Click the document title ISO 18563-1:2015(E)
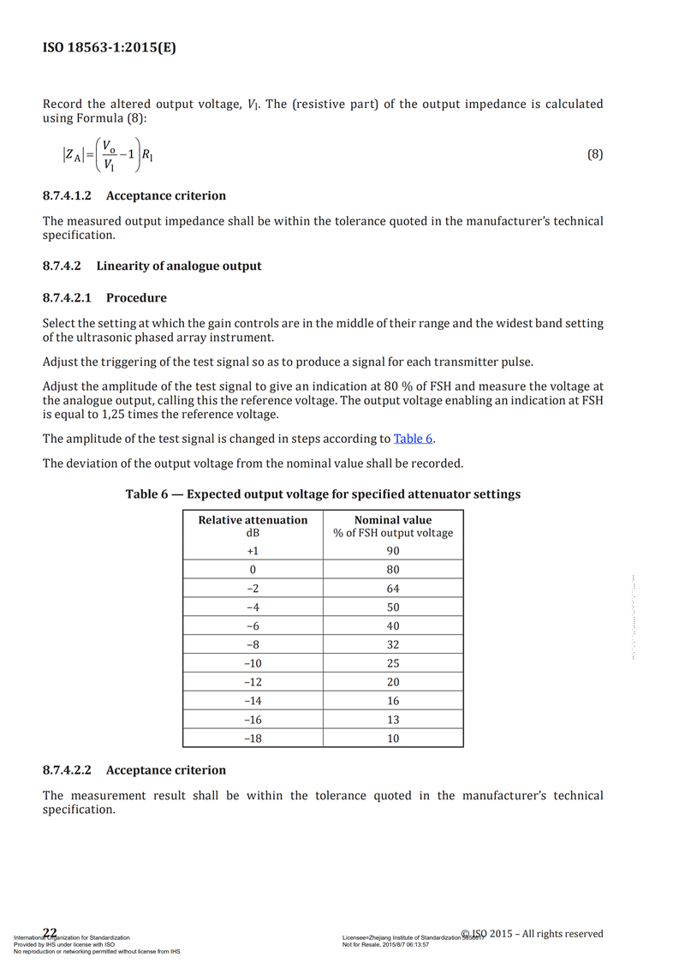pyautogui.click(x=110, y=48)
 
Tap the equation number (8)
pyautogui.click(x=595, y=154)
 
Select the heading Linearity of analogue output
pyautogui.click(x=179, y=266)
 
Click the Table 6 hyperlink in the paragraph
pyautogui.click(x=413, y=439)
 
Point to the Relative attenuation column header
pyautogui.click(x=253, y=520)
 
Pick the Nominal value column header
pyautogui.click(x=393, y=520)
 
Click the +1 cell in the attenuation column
pyautogui.click(x=253, y=551)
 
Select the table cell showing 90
pyautogui.click(x=393, y=551)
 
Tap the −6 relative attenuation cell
pyautogui.click(x=253, y=626)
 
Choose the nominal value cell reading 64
pyautogui.click(x=393, y=589)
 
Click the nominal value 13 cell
pyautogui.click(x=393, y=720)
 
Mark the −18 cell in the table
pyautogui.click(x=253, y=739)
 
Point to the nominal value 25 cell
pyautogui.click(x=393, y=663)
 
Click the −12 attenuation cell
pyautogui.click(x=253, y=682)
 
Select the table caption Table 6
pyautogui.click(x=323, y=494)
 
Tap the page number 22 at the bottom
pyautogui.click(x=50, y=933)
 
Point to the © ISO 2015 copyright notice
pyautogui.click(x=532, y=934)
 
